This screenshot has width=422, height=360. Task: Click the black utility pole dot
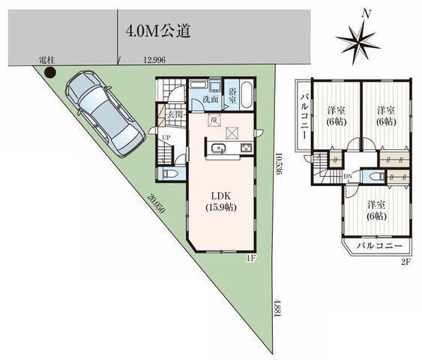coord(50,73)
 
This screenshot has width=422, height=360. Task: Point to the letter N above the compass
coord(366,13)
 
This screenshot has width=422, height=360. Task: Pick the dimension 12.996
coord(155,59)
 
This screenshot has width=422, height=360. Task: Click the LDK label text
coord(221,189)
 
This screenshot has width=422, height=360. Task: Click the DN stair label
coord(348,177)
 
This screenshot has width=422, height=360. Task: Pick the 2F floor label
coord(406,261)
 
